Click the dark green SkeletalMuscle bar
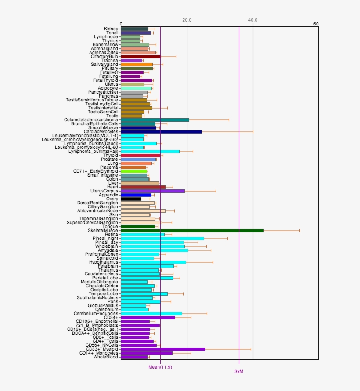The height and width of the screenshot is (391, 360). pyautogui.click(x=192, y=230)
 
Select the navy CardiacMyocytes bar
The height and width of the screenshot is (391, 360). pyautogui.click(x=161, y=131)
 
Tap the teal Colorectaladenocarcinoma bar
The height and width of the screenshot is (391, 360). pyautogui.click(x=155, y=119)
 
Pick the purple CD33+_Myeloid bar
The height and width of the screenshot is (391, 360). pyautogui.click(x=163, y=349)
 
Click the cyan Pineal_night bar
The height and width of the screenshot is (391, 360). pyautogui.click(x=162, y=238)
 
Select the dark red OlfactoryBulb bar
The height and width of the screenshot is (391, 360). pyautogui.click(x=141, y=56)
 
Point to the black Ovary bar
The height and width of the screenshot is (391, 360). pyautogui.click(x=131, y=199)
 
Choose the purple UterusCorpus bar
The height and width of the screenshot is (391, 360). pyautogui.click(x=153, y=191)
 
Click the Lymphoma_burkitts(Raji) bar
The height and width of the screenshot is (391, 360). pyautogui.click(x=150, y=151)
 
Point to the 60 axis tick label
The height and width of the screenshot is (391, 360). pyautogui.click(x=316, y=24)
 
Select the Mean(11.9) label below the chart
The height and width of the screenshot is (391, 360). pyautogui.click(x=160, y=367)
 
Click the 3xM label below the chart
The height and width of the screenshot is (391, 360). pyautogui.click(x=238, y=371)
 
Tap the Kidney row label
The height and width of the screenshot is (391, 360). pyautogui.click(x=111, y=29)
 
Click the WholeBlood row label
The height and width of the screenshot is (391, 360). pyautogui.click(x=106, y=357)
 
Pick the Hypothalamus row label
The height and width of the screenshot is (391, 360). pyautogui.click(x=104, y=262)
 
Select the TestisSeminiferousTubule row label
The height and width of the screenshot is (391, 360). pyautogui.click(x=92, y=100)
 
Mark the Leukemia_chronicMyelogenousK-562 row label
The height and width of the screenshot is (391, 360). pyautogui.click(x=80, y=139)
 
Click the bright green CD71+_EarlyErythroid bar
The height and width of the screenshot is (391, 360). pyautogui.click(x=134, y=171)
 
